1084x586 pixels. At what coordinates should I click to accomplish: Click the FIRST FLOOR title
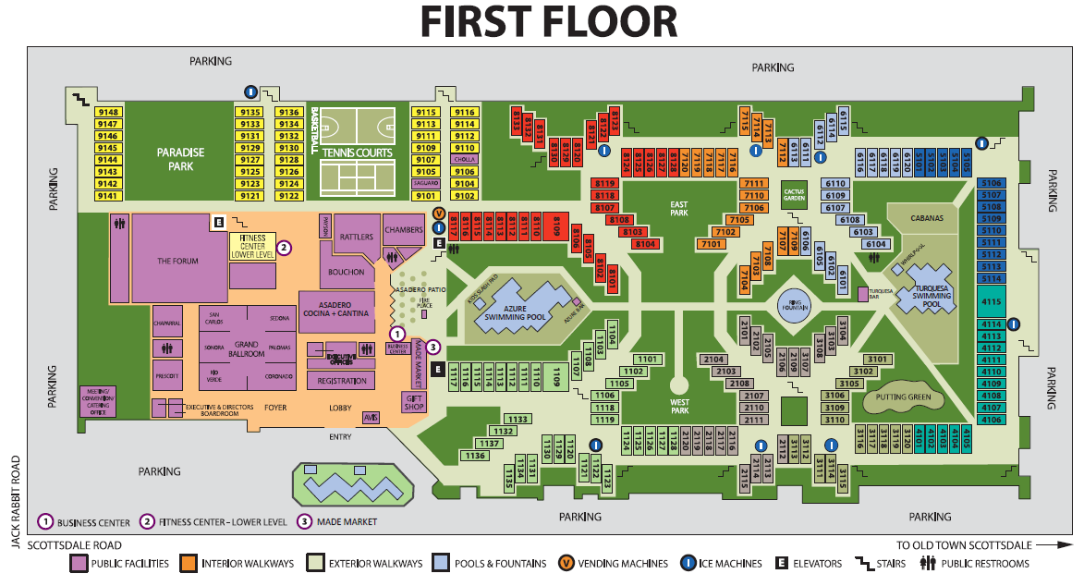coord(549,23)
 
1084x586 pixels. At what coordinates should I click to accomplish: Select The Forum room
coord(177,261)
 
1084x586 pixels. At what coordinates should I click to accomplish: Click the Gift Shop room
coord(412,402)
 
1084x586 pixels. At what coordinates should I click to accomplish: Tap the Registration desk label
coord(342,381)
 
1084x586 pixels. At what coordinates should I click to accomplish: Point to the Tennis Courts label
coord(358,153)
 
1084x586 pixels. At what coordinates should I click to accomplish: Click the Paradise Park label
coord(180,159)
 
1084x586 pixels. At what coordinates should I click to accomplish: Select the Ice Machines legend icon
coord(688,563)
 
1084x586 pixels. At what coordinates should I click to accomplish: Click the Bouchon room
coord(347,272)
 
